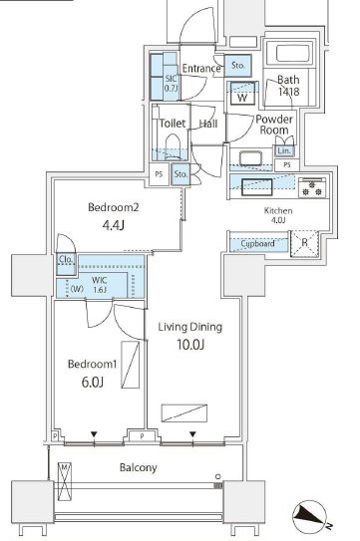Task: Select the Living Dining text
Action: tap(188, 327)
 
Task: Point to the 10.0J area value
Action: tap(188, 346)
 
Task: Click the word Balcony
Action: tap(137, 467)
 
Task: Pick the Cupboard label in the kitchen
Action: tap(258, 243)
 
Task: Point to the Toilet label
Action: tap(174, 124)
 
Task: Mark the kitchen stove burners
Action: tap(310, 185)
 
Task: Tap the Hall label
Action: tap(207, 124)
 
